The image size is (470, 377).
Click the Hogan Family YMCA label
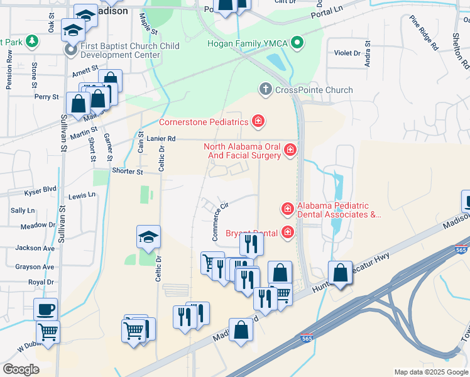point(248,43)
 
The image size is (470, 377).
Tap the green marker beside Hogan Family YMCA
point(299,43)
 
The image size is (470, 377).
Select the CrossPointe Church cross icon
point(265,90)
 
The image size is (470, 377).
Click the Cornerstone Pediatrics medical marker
point(257,121)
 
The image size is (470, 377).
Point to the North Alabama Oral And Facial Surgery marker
point(290,150)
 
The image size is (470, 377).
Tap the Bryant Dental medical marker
point(288,233)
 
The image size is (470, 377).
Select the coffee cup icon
point(46,309)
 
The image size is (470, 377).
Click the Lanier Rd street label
point(161,138)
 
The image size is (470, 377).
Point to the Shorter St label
point(128,171)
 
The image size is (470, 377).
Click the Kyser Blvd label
point(41,188)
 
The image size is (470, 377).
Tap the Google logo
point(21,369)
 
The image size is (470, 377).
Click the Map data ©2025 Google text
point(430,372)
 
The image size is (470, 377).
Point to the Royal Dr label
point(41,282)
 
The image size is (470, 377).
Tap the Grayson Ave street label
point(35,266)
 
